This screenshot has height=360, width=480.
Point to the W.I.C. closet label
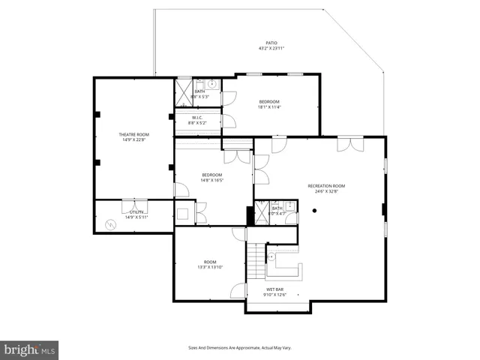[198, 118]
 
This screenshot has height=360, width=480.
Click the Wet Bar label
[274, 289]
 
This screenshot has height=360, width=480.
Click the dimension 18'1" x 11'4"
[269, 106]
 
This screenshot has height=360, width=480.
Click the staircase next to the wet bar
[257, 261]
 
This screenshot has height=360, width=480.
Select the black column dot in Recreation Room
[314, 211]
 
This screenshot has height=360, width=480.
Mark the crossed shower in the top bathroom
[184, 92]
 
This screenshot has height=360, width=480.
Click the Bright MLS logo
[30, 349]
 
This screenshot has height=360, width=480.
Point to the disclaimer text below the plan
[239, 347]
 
